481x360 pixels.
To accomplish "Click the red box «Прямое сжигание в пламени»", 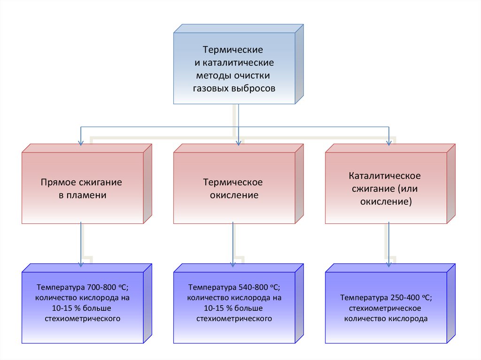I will pos(82,188).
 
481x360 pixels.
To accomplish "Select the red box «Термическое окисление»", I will pos(233,188).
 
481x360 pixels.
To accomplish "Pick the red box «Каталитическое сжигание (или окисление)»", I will pos(385,188).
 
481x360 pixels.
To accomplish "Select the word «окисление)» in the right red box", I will pos(386,202).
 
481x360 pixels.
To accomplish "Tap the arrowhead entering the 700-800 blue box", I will pos(81,264).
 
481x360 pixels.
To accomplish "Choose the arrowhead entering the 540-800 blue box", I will pos(233,264).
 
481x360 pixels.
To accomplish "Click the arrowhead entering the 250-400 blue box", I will pos(388,264).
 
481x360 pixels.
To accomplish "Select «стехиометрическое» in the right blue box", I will pos(385,308).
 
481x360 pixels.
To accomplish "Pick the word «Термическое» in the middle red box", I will pos(233,182).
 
